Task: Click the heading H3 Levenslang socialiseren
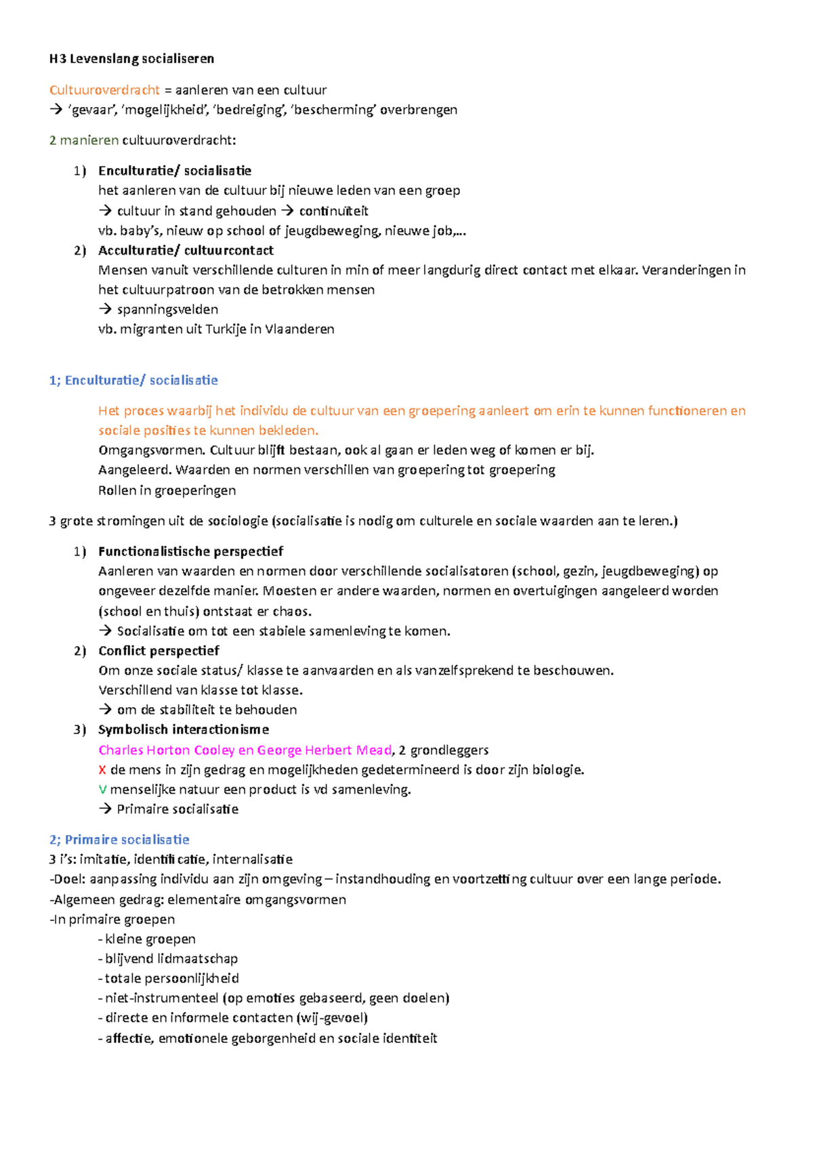131,59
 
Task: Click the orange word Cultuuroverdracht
104,90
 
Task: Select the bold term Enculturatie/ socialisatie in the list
174,171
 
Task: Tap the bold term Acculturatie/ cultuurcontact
186,250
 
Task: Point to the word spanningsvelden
167,310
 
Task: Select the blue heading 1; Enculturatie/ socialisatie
133,380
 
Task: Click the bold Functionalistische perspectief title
190,551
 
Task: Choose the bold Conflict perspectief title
159,651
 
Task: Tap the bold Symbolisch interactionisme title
183,729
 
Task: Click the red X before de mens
102,770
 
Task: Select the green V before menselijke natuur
102,790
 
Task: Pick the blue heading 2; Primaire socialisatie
119,840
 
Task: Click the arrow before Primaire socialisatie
104,809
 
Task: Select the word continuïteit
333,211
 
